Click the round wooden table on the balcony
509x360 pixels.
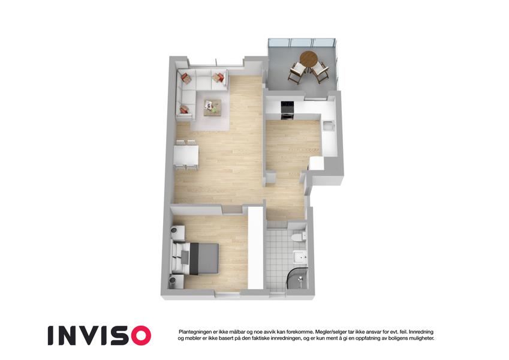coord(309,59)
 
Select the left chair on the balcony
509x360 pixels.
coord(297,73)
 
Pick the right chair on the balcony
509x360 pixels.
coord(320,72)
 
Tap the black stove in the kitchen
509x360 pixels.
coord(288,110)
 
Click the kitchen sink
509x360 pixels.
coord(328,125)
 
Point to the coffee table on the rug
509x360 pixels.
coord(213,107)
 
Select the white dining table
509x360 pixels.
coord(186,155)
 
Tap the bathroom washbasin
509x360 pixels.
coord(300,257)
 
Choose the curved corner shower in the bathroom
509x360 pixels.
coord(297,278)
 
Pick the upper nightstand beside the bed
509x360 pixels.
coord(177,232)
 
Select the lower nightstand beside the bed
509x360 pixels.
coord(177,281)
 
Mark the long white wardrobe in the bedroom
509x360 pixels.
coord(255,248)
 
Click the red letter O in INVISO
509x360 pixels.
coord(138,335)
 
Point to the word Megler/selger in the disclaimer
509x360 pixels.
coord(330,332)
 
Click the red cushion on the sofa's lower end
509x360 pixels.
coord(184,109)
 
